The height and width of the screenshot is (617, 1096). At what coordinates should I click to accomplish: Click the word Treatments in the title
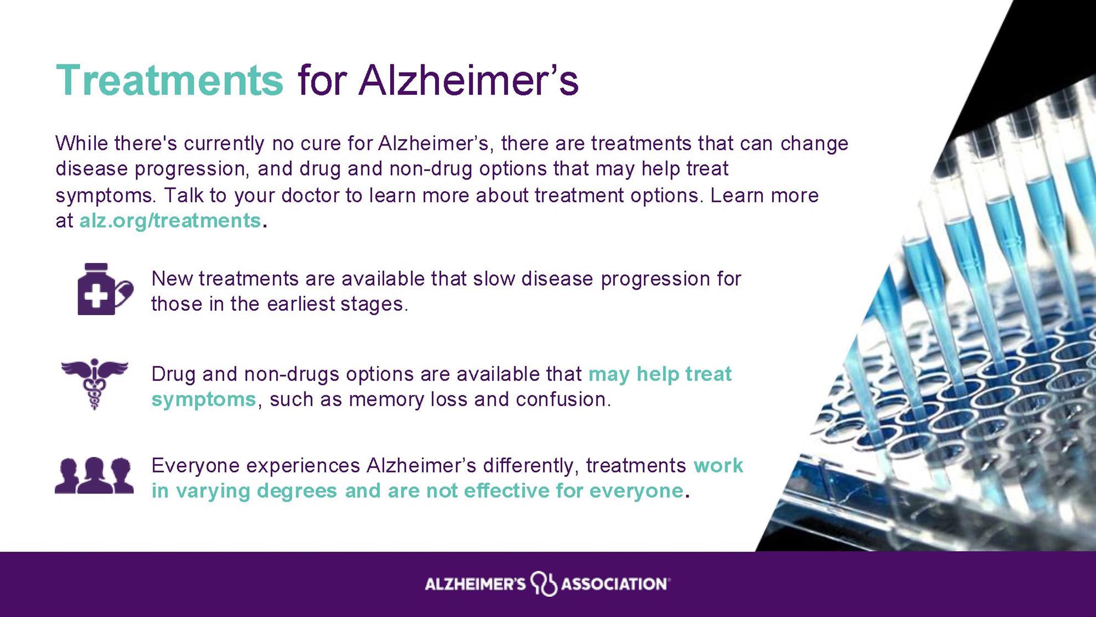pos(169,81)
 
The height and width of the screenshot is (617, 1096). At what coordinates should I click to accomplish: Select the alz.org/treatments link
pos(170,220)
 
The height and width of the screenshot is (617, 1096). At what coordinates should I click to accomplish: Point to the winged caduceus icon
pos(95,384)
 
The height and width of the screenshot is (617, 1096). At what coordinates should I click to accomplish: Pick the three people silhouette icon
pos(94,476)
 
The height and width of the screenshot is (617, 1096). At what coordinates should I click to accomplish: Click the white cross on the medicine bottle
pos(96,296)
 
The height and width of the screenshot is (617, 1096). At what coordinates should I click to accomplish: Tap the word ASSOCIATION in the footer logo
pos(614,584)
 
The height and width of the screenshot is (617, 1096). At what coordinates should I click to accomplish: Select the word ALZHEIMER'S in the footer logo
pos(475,584)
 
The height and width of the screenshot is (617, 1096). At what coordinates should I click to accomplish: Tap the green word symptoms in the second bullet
pos(204,400)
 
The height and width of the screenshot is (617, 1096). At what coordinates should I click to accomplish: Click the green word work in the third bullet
pos(718,466)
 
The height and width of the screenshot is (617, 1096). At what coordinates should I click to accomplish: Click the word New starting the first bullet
pos(172,279)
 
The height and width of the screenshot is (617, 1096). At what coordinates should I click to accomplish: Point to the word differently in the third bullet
pos(531,466)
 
